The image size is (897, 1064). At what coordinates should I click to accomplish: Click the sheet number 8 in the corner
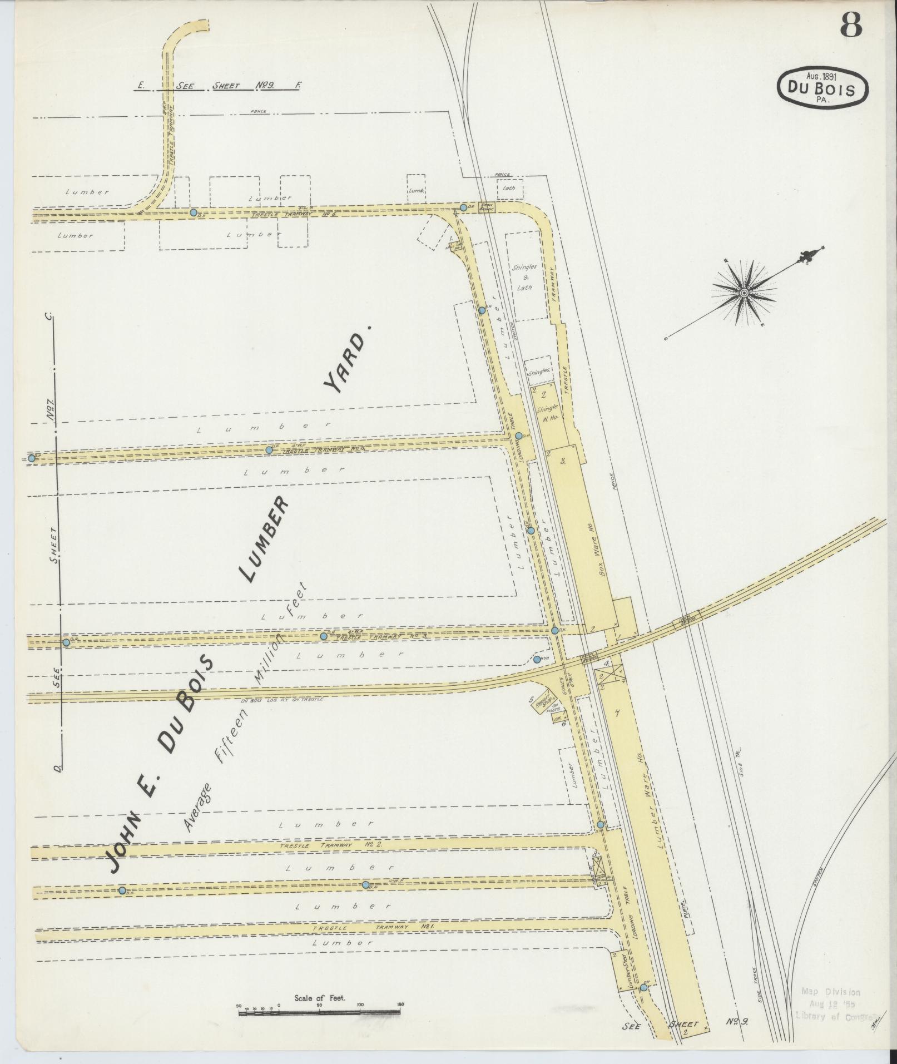pos(850,25)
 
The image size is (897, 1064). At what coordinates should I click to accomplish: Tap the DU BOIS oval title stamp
pos(822,87)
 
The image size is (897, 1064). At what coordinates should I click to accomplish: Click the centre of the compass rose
pos(744,293)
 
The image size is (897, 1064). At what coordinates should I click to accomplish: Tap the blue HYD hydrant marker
pos(537,660)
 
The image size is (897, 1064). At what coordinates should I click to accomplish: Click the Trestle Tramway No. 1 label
pos(373,928)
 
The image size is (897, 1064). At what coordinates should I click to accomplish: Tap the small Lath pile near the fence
pos(509,188)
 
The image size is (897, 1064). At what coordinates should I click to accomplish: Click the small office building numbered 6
pos(558,718)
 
